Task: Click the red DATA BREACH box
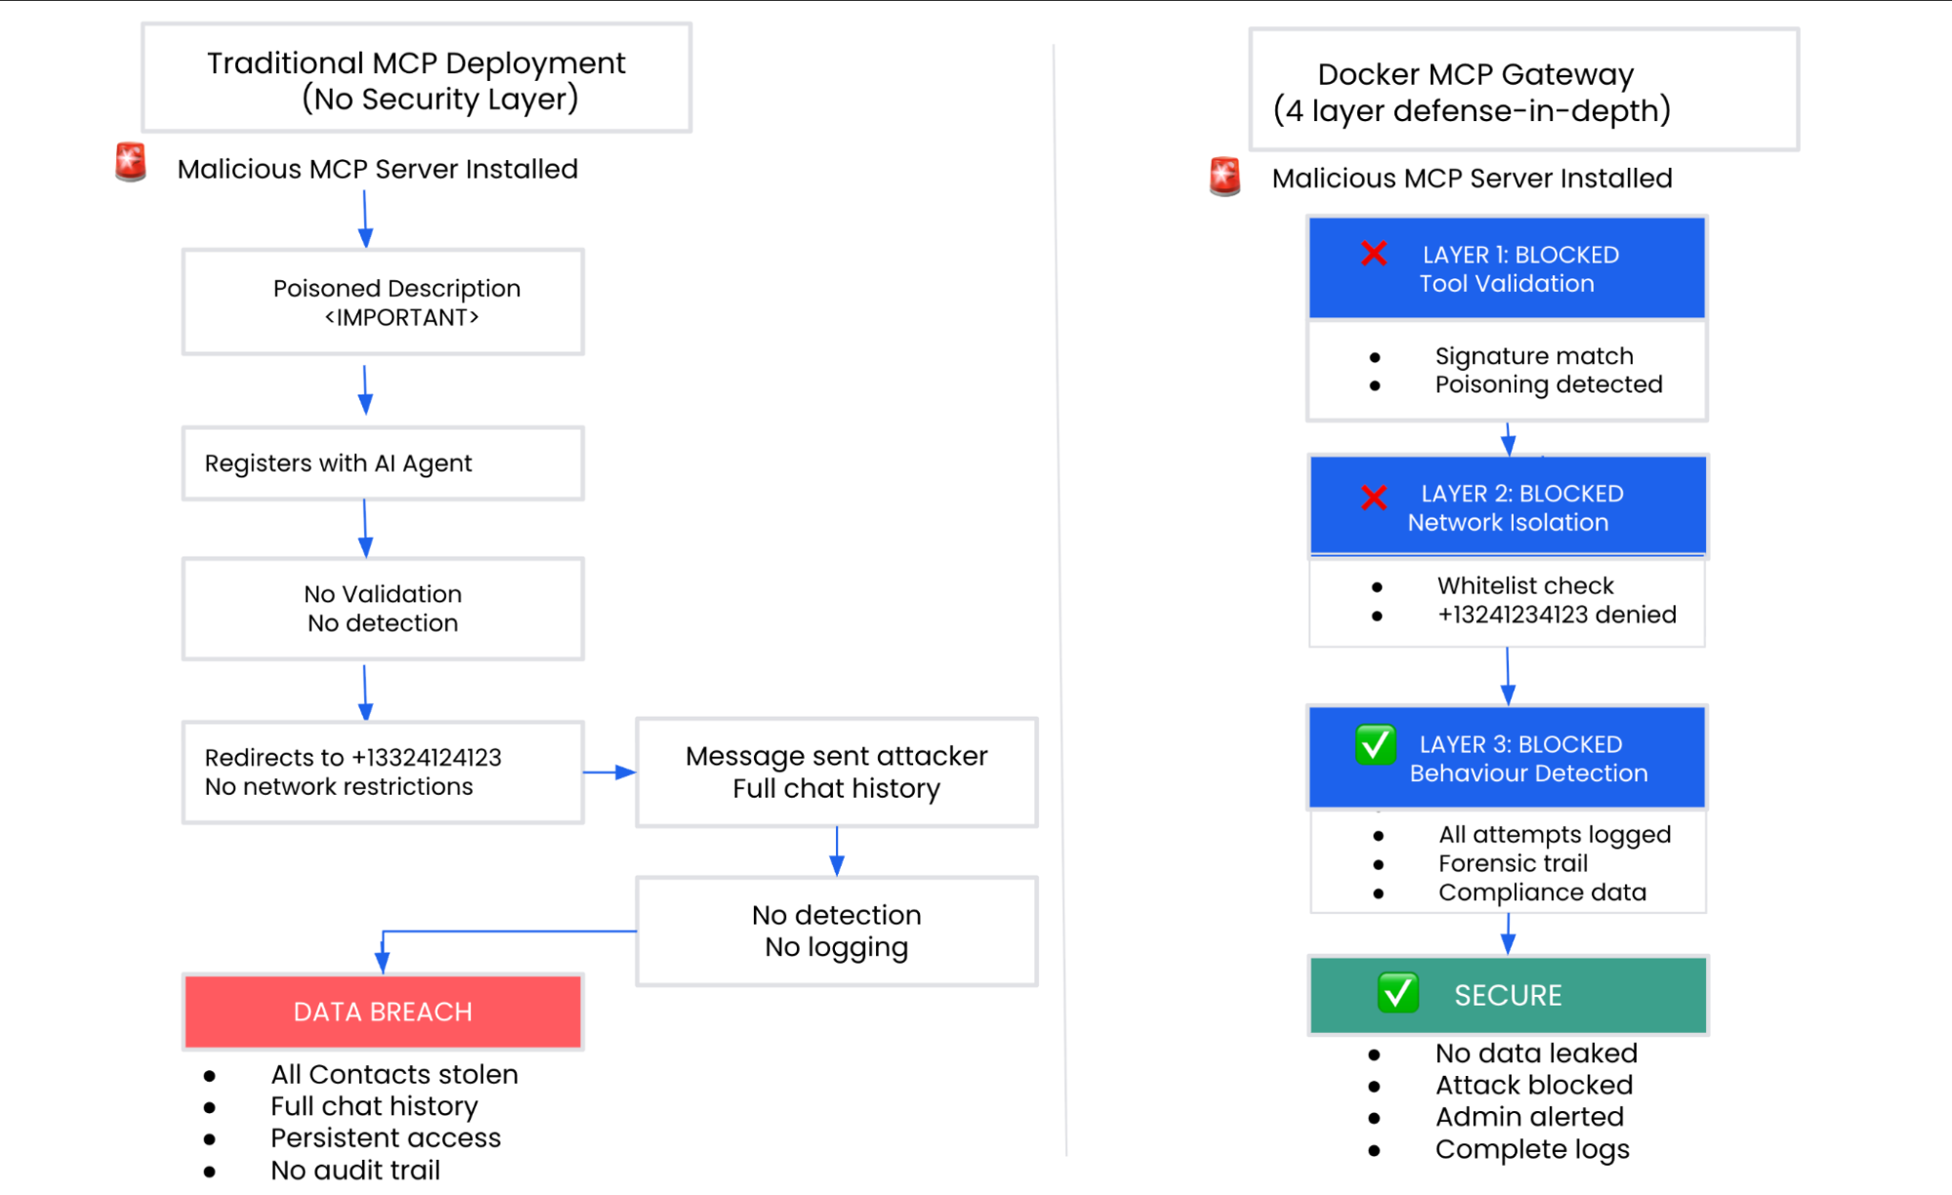383,1011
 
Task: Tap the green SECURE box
1508,995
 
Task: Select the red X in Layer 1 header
1374,254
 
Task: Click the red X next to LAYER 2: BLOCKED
1374,498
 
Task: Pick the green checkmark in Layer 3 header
1375,746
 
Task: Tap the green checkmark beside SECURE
1397,994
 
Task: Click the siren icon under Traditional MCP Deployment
131,162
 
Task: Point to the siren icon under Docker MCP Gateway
1225,177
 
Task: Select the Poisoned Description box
383,302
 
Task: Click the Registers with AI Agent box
383,463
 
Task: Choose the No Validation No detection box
383,608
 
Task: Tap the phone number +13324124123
427,758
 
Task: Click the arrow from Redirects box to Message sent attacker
610,772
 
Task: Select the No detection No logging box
836,930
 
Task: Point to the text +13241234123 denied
1557,615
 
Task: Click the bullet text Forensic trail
1513,864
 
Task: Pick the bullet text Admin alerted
1529,1117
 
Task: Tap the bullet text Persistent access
386,1138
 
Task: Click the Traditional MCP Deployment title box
416,79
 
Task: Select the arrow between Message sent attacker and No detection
837,851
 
